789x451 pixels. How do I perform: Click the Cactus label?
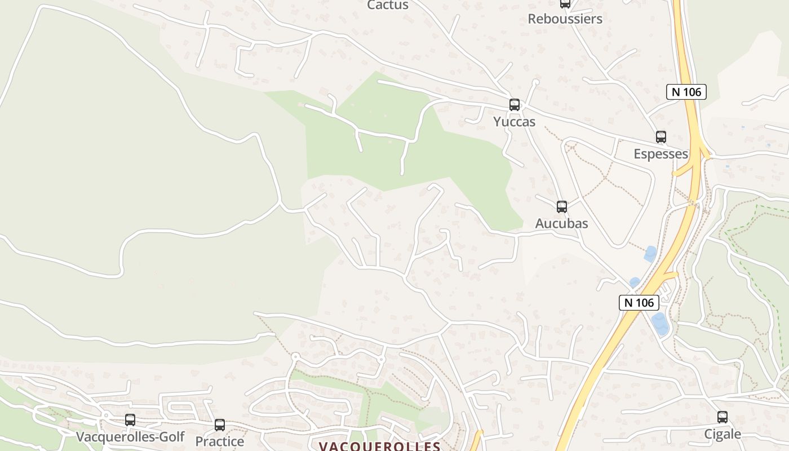click(x=388, y=5)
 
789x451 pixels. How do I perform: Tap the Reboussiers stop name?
click(x=565, y=19)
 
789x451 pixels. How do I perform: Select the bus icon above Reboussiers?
click(x=565, y=3)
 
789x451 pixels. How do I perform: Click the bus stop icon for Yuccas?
click(x=514, y=104)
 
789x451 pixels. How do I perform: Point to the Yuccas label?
click(x=514, y=122)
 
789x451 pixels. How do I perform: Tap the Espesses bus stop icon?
click(x=661, y=136)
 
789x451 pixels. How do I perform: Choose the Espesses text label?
click(x=661, y=154)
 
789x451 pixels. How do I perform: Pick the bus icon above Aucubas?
click(x=561, y=206)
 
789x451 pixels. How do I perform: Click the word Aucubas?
click(x=561, y=223)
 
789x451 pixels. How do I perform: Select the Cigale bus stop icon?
click(x=722, y=417)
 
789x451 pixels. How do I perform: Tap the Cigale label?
click(x=722, y=434)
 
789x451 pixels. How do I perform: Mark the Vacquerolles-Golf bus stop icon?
click(x=130, y=419)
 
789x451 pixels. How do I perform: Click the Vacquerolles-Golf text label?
click(x=130, y=437)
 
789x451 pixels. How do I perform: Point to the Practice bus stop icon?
click(x=220, y=425)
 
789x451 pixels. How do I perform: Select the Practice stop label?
click(x=220, y=441)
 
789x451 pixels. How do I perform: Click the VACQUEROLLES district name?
click(x=379, y=446)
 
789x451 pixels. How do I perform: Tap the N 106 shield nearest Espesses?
click(x=686, y=91)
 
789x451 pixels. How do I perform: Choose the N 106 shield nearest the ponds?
click(x=639, y=302)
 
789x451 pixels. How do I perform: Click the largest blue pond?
click(x=660, y=324)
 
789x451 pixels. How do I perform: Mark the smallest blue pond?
click(x=635, y=282)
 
